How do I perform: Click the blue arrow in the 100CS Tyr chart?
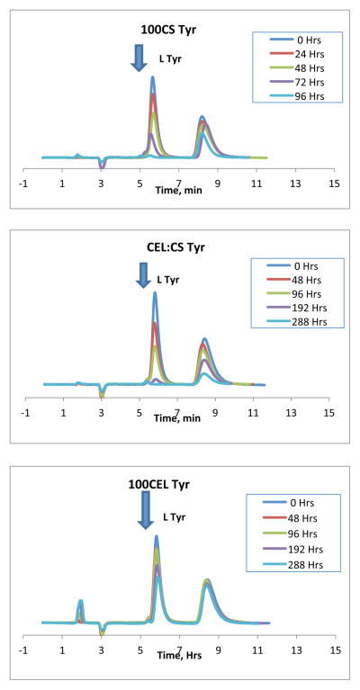[138, 56]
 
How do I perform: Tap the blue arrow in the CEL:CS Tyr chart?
[143, 273]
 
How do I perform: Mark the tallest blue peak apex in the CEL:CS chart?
[155, 292]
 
